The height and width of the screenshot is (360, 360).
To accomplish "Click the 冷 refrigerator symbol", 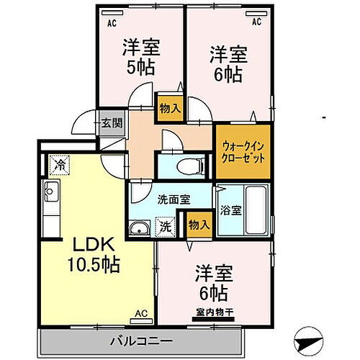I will (x=58, y=165).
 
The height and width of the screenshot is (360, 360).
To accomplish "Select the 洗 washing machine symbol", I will (x=166, y=226).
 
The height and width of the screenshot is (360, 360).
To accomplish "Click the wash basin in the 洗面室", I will (x=139, y=229).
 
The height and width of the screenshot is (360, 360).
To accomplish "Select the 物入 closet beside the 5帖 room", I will (x=170, y=108).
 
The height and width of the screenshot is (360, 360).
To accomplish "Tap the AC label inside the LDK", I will (x=140, y=314).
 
